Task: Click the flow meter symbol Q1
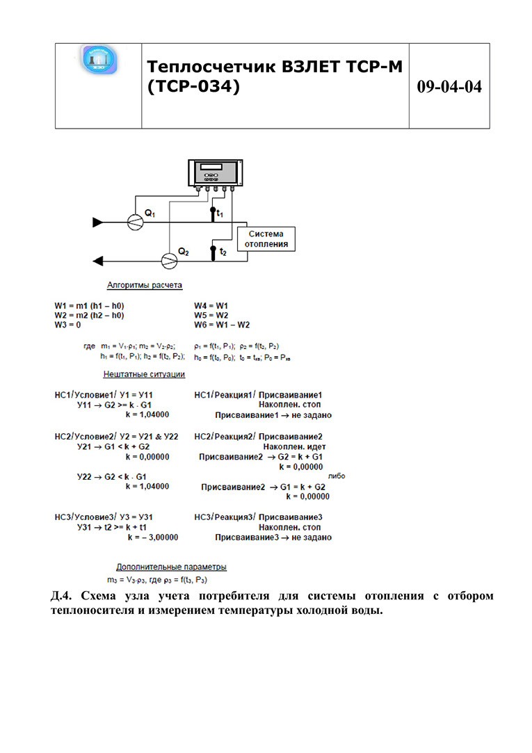click(x=136, y=221)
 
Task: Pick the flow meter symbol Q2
click(x=169, y=260)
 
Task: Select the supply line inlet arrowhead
click(x=98, y=222)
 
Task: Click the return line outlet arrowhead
click(x=98, y=261)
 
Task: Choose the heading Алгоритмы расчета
click(x=145, y=285)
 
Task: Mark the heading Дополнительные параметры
click(x=171, y=567)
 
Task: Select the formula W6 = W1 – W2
click(x=222, y=325)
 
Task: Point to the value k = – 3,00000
click(x=153, y=537)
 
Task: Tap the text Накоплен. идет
click(x=295, y=446)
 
